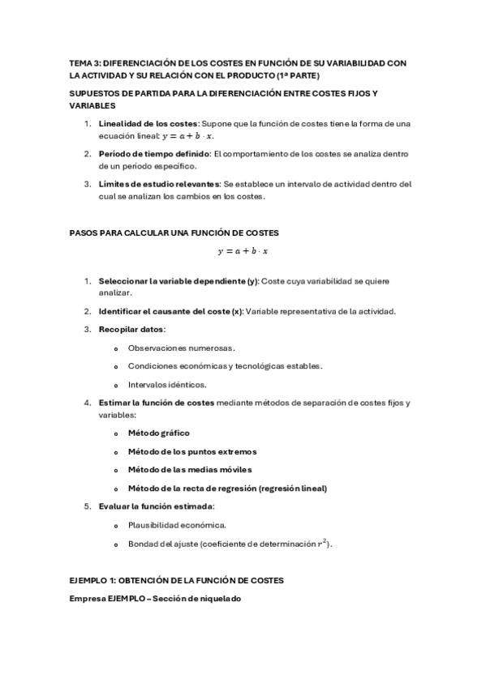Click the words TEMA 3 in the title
(83, 62)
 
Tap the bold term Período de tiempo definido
(153, 153)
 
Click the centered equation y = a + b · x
(243, 251)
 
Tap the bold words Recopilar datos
(131, 329)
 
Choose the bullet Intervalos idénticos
(167, 384)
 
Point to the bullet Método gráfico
(158, 433)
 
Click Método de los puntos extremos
(191, 452)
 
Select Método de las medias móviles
(189, 470)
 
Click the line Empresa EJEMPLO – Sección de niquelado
(155, 598)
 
